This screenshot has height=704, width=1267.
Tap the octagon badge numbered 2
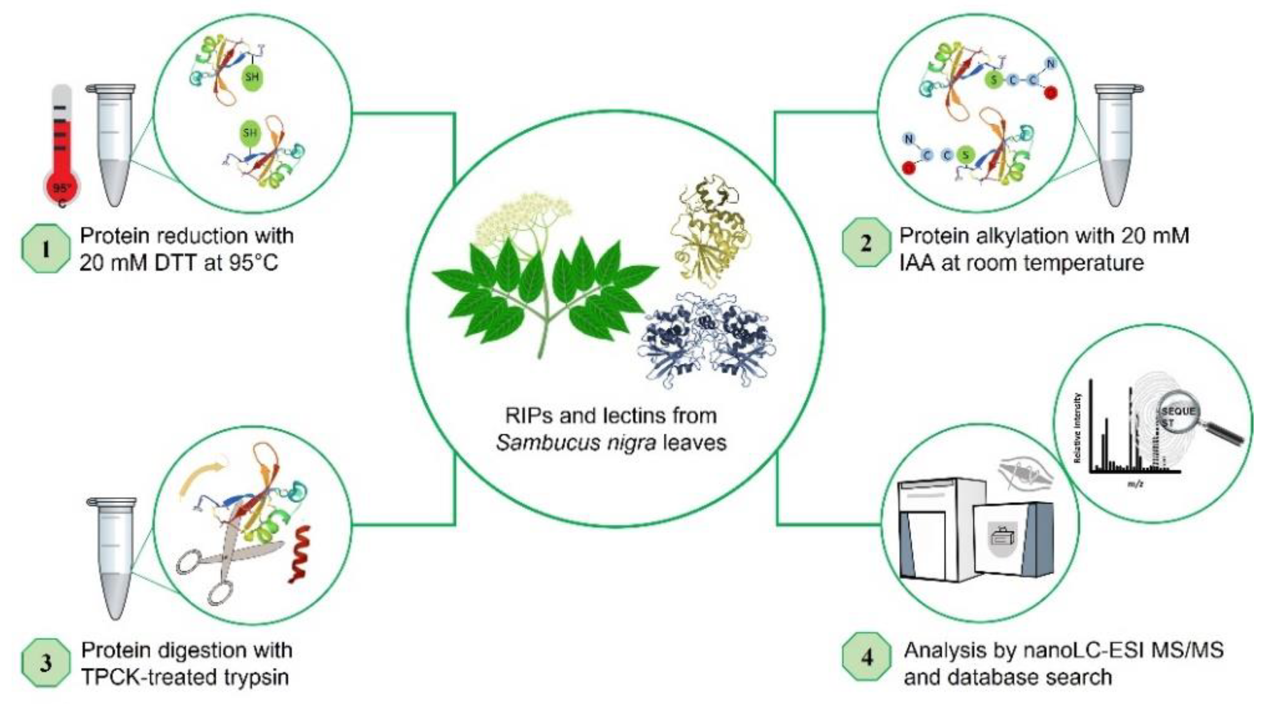click(866, 243)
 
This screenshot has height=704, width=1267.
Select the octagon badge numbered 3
click(45, 663)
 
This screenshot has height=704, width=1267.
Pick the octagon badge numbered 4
click(867, 657)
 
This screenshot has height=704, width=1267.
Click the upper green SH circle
click(253, 77)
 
